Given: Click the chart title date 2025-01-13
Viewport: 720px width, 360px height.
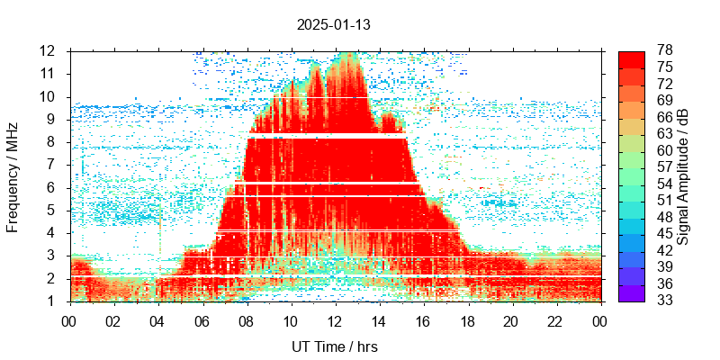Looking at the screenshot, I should tap(333, 25).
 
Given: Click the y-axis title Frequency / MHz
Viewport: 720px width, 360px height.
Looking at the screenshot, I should tap(13, 175).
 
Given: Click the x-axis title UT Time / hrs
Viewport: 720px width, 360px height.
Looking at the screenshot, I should tap(334, 346).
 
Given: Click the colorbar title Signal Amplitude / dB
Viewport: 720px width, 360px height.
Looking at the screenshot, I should tap(683, 176).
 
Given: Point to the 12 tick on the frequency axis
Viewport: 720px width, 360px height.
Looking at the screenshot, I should tap(48, 50).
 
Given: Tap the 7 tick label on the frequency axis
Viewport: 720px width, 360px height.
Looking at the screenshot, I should tap(51, 165).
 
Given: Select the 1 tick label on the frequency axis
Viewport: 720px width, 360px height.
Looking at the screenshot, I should tap(51, 301).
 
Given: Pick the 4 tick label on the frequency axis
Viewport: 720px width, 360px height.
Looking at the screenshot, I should tap(51, 233).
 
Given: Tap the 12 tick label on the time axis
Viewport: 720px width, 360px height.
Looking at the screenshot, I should tap(334, 320).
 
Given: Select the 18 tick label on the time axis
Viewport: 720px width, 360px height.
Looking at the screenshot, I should tap(467, 320).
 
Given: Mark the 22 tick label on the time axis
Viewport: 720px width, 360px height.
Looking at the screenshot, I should tap(555, 320).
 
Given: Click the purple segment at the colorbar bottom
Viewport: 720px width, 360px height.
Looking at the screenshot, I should tap(631, 293).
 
